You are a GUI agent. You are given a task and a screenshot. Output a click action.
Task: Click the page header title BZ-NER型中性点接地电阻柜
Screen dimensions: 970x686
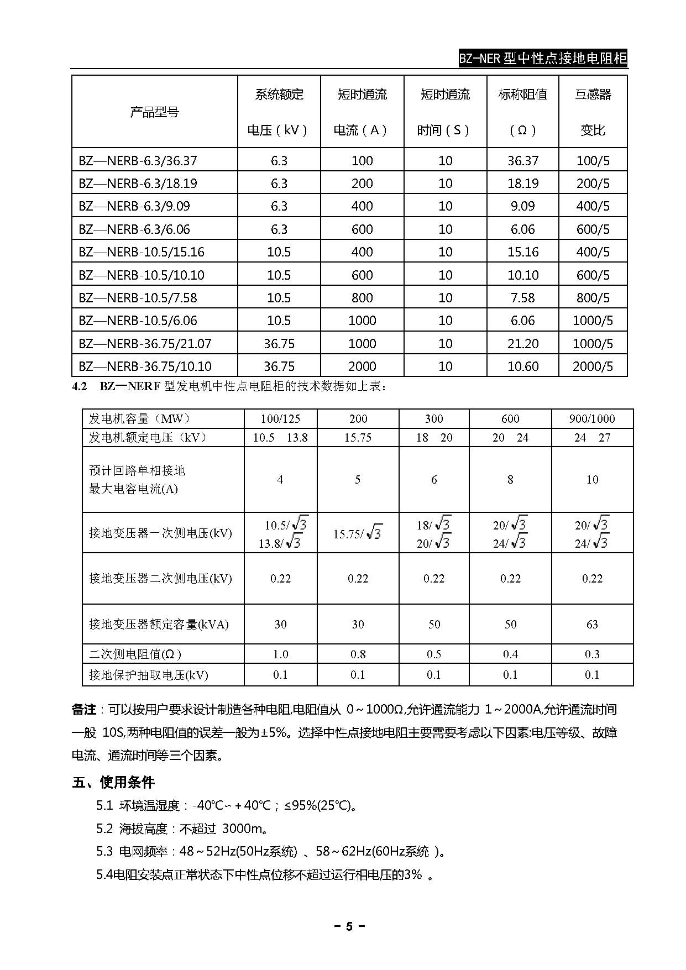click(543, 58)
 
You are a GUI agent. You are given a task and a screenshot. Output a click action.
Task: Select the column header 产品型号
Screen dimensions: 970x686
click(154, 112)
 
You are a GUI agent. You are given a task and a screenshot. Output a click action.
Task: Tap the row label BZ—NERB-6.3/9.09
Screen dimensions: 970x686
click(134, 206)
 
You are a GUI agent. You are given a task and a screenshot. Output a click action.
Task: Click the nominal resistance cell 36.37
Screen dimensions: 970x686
click(522, 161)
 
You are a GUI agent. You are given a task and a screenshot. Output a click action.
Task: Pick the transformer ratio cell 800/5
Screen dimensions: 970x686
click(593, 298)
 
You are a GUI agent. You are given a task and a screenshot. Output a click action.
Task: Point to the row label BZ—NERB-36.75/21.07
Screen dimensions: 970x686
click(145, 344)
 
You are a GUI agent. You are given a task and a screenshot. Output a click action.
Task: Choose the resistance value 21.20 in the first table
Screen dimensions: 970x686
click(522, 344)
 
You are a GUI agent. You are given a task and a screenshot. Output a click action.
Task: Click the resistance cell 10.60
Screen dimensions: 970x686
click(522, 366)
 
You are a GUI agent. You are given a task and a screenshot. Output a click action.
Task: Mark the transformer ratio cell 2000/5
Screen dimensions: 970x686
click(593, 366)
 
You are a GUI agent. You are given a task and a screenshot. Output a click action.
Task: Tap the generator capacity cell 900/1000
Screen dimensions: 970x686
click(591, 419)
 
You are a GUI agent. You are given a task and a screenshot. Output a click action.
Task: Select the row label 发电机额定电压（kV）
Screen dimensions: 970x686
click(148, 438)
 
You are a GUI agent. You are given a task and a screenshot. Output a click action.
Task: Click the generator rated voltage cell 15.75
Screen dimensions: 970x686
click(358, 438)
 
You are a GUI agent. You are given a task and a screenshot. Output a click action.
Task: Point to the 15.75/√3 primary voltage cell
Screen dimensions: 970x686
click(358, 533)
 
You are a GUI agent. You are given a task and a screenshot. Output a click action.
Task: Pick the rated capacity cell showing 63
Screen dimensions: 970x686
click(591, 625)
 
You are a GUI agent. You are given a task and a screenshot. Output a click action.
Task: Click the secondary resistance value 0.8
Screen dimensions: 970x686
click(358, 654)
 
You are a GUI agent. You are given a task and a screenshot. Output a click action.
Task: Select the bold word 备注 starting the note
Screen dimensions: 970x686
click(84, 710)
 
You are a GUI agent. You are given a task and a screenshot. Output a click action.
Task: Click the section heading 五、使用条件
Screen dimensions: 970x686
click(113, 782)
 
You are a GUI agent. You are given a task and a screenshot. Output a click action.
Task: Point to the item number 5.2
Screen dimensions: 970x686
click(104, 829)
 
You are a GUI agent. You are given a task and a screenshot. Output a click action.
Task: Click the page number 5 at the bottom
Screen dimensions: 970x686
click(349, 927)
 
